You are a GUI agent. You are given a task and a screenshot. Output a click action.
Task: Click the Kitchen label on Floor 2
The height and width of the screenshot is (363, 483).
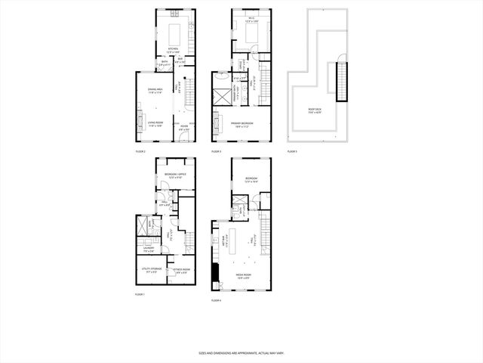tap(173, 50)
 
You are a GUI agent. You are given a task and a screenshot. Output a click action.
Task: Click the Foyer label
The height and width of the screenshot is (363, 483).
tap(183, 129)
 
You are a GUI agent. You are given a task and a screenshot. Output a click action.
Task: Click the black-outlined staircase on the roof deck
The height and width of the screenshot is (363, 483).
tap(344, 82)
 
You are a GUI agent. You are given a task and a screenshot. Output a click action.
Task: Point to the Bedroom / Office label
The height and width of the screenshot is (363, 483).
tap(175, 175)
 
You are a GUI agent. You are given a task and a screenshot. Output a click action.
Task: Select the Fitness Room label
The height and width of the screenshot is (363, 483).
tap(181, 270)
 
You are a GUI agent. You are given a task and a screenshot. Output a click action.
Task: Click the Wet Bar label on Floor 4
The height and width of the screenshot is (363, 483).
tap(224, 241)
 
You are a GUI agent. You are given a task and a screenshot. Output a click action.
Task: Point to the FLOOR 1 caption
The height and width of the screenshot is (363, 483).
tap(139, 293)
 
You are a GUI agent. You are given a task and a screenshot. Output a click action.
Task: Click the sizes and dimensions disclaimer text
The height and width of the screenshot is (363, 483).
tap(241, 353)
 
